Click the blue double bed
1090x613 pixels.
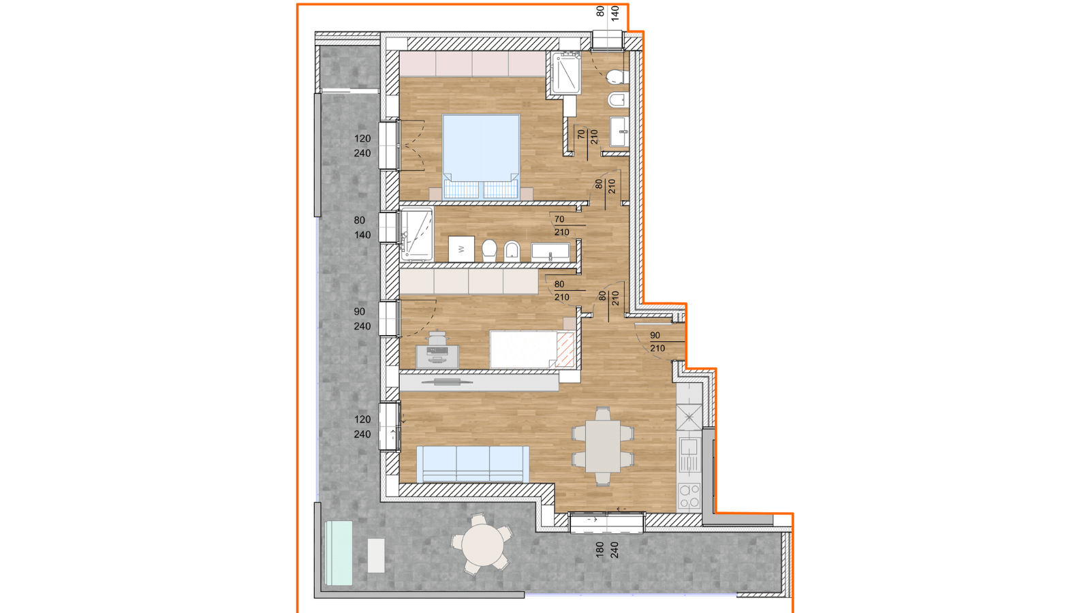pos(481,156)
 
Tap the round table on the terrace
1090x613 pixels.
pos(483,545)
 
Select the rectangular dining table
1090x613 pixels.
pos(603,446)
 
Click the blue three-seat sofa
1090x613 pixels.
pos(473,464)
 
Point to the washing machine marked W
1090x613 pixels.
pos(461,249)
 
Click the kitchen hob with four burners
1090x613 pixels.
pos(689,495)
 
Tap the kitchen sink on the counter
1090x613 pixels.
pos(689,456)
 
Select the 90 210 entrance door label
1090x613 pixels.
pos(657,341)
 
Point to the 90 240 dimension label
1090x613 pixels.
pos(362,319)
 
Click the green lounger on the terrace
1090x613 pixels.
pos(339,553)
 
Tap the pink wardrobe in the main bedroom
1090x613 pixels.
pos(472,64)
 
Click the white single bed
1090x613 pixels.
pos(532,349)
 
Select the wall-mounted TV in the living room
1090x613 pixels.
pos(447,382)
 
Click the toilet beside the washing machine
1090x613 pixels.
pos(489,251)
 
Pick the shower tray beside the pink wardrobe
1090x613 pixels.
pos(565,74)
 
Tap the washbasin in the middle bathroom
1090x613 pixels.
pos(550,251)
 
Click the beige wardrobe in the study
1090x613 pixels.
pos(469,282)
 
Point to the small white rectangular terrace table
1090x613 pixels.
pos(376,555)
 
